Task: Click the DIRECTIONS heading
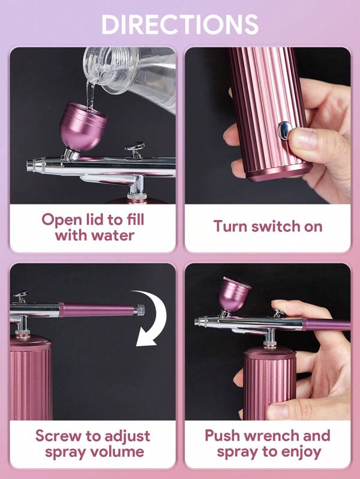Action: coord(180,24)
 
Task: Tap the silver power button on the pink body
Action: coord(285,131)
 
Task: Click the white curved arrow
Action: coord(151,318)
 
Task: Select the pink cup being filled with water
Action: coord(83,126)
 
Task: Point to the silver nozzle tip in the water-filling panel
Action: coord(32,165)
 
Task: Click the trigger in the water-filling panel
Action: coord(135,150)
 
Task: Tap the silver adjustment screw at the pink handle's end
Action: coord(139,310)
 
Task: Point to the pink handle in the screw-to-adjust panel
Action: coord(98,310)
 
